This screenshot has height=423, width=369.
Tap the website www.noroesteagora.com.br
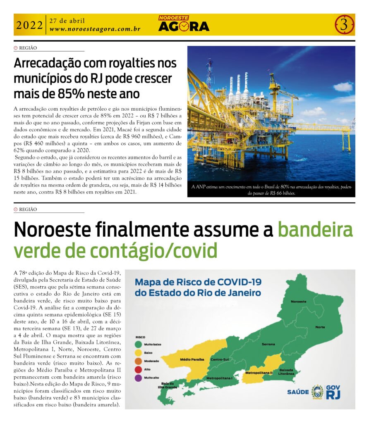[x=95, y=29]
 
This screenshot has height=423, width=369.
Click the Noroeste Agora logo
[x=184, y=24]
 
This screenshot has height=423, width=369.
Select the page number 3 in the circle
[x=344, y=25]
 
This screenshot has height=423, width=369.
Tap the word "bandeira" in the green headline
[x=315, y=230]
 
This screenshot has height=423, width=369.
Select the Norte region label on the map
[x=320, y=327]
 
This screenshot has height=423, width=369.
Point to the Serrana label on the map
[x=269, y=344]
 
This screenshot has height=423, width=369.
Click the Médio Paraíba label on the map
[x=192, y=359]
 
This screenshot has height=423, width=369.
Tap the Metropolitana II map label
[x=259, y=373]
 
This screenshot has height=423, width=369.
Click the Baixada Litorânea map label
[x=287, y=371]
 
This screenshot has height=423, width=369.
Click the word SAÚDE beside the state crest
[x=298, y=392]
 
